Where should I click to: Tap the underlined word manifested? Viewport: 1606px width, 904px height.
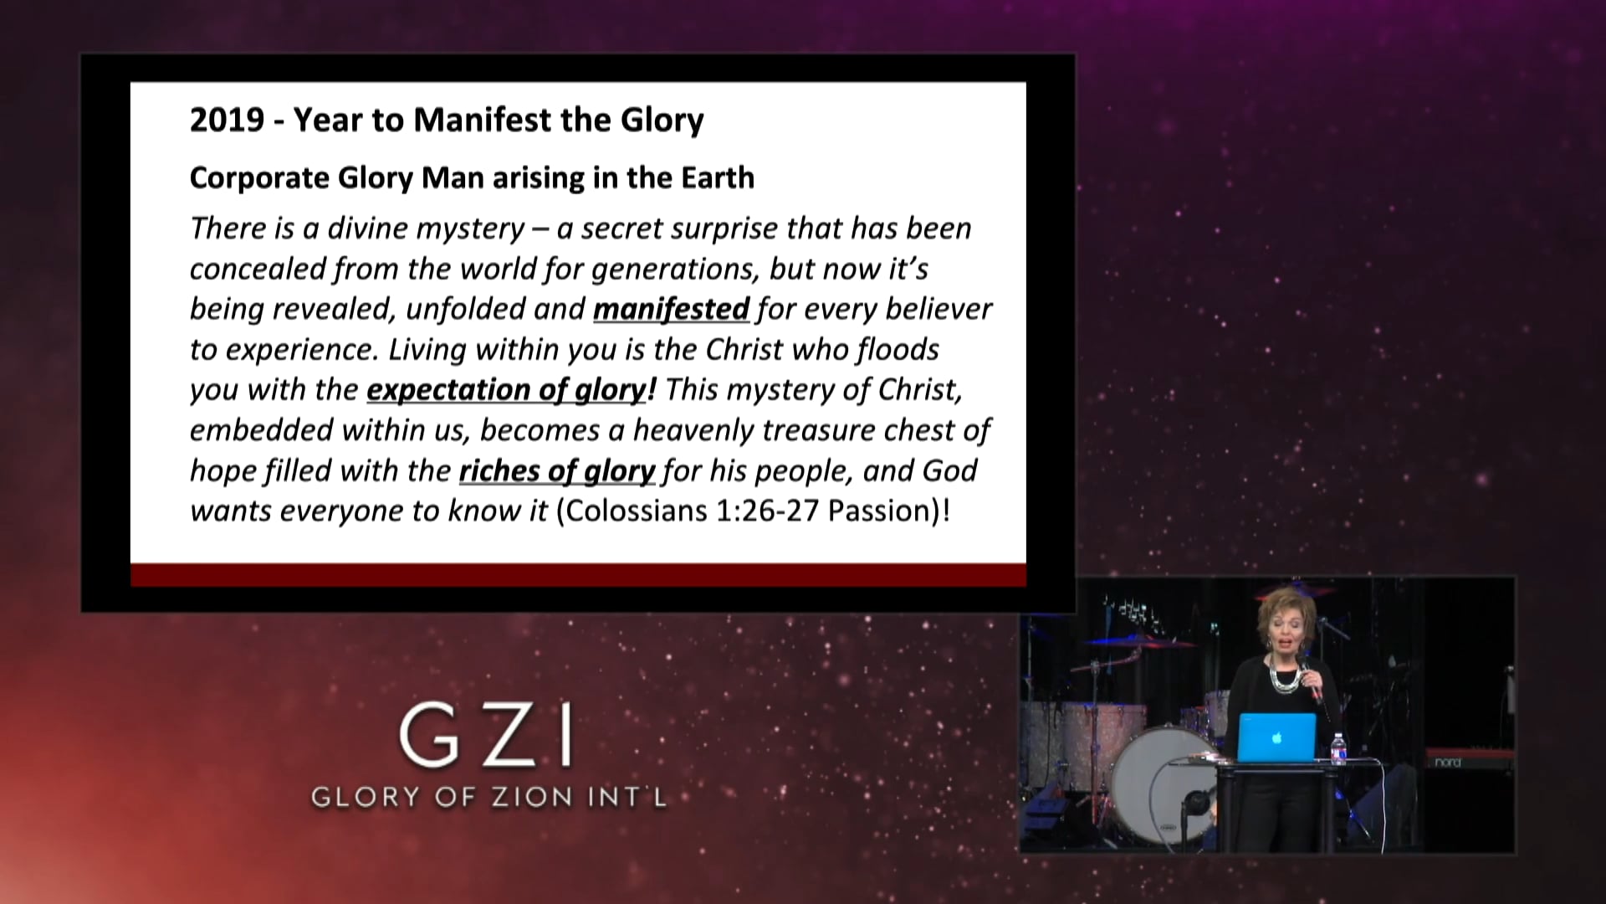(671, 309)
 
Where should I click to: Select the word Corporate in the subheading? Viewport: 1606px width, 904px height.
(259, 177)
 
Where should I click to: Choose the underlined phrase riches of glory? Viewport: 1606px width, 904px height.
(557, 471)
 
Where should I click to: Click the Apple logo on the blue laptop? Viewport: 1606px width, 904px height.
(1276, 737)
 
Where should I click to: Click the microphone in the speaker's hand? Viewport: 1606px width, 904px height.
(1313, 682)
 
